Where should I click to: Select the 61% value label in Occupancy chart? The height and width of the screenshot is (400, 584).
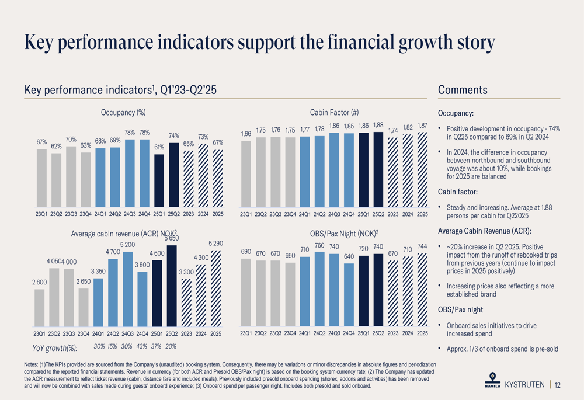159,148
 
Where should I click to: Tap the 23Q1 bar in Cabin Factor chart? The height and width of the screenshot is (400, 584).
246,175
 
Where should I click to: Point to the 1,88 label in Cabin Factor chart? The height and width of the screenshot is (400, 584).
378,125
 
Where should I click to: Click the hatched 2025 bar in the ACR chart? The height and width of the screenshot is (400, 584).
216,287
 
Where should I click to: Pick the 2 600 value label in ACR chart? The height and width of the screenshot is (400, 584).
39,283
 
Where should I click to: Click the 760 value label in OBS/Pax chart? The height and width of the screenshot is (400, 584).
319,245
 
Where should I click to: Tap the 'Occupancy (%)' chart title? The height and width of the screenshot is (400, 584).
123,112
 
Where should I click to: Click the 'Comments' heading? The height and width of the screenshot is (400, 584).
463,90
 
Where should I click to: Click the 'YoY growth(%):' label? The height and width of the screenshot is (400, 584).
54,347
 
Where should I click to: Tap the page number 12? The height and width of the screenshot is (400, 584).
558,385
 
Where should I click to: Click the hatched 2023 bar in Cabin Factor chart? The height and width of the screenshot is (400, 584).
393,176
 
